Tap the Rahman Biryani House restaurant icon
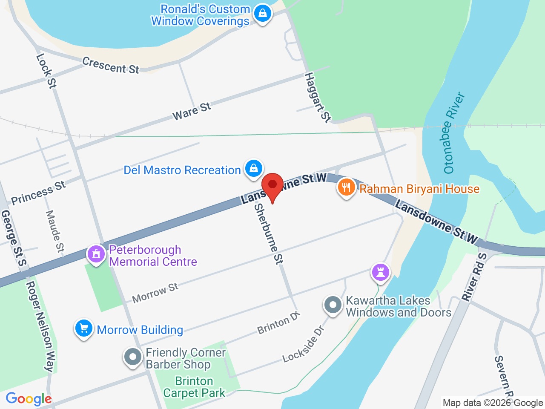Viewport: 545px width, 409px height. [347, 187]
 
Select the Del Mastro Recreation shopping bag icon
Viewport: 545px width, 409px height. [254, 168]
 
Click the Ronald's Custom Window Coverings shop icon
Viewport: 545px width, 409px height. [263, 14]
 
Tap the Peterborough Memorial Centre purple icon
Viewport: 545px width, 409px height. [96, 254]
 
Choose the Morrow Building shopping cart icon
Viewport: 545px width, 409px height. [84, 328]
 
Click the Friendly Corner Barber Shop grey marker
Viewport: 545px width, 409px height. [133, 357]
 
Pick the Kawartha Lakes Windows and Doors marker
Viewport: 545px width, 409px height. [333, 305]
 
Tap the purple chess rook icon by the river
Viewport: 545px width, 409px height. [381, 271]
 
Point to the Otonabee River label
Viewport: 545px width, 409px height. [453, 132]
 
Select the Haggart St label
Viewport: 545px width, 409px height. [318, 98]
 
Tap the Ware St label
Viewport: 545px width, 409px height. [192, 111]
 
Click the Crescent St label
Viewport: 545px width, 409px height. [111, 65]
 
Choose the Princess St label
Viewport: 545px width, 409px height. [38, 193]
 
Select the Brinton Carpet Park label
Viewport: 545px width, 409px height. [194, 387]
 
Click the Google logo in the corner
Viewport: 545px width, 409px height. [29, 399]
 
